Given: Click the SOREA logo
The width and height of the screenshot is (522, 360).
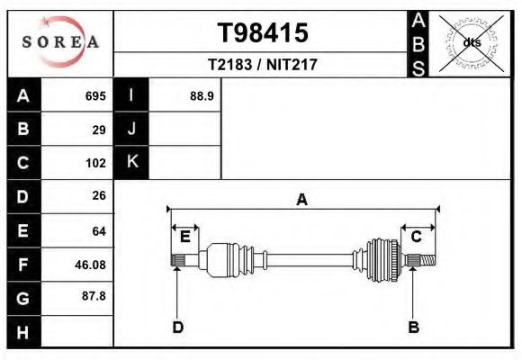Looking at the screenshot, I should click(60, 43).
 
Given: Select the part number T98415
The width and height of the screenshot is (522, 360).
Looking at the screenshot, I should click(263, 33).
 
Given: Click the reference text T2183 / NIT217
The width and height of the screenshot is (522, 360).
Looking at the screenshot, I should click(263, 65).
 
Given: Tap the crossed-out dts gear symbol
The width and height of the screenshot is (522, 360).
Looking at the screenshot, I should click(471, 42).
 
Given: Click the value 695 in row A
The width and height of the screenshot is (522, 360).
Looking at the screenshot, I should click(95, 96).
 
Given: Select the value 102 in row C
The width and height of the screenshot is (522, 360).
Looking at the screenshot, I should click(95, 163).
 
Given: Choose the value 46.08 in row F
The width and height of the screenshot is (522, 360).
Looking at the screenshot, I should click(90, 265).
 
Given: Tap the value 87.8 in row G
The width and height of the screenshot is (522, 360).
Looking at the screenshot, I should click(94, 295).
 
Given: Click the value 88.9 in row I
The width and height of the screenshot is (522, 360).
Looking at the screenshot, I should click(202, 96).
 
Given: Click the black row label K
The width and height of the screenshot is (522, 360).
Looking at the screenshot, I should click(131, 162).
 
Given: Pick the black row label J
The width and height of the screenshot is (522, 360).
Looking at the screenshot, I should click(131, 130).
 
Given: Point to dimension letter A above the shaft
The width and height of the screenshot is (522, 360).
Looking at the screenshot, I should click(301, 200).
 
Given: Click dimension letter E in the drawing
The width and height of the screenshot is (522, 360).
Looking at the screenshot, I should click(184, 237).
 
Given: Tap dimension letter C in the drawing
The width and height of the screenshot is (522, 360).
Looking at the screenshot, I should click(417, 237).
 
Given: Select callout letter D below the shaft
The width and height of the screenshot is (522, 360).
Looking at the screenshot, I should click(177, 328).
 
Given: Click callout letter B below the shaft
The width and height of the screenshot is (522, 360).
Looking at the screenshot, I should click(413, 328).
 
